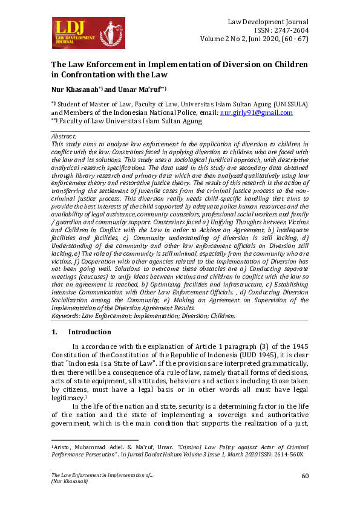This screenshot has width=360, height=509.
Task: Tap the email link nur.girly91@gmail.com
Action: click(257, 112)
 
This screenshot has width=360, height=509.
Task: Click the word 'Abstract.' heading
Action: click(64, 137)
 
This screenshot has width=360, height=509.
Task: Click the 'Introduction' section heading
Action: click(90, 332)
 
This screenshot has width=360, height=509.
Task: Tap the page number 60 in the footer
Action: click(305, 477)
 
